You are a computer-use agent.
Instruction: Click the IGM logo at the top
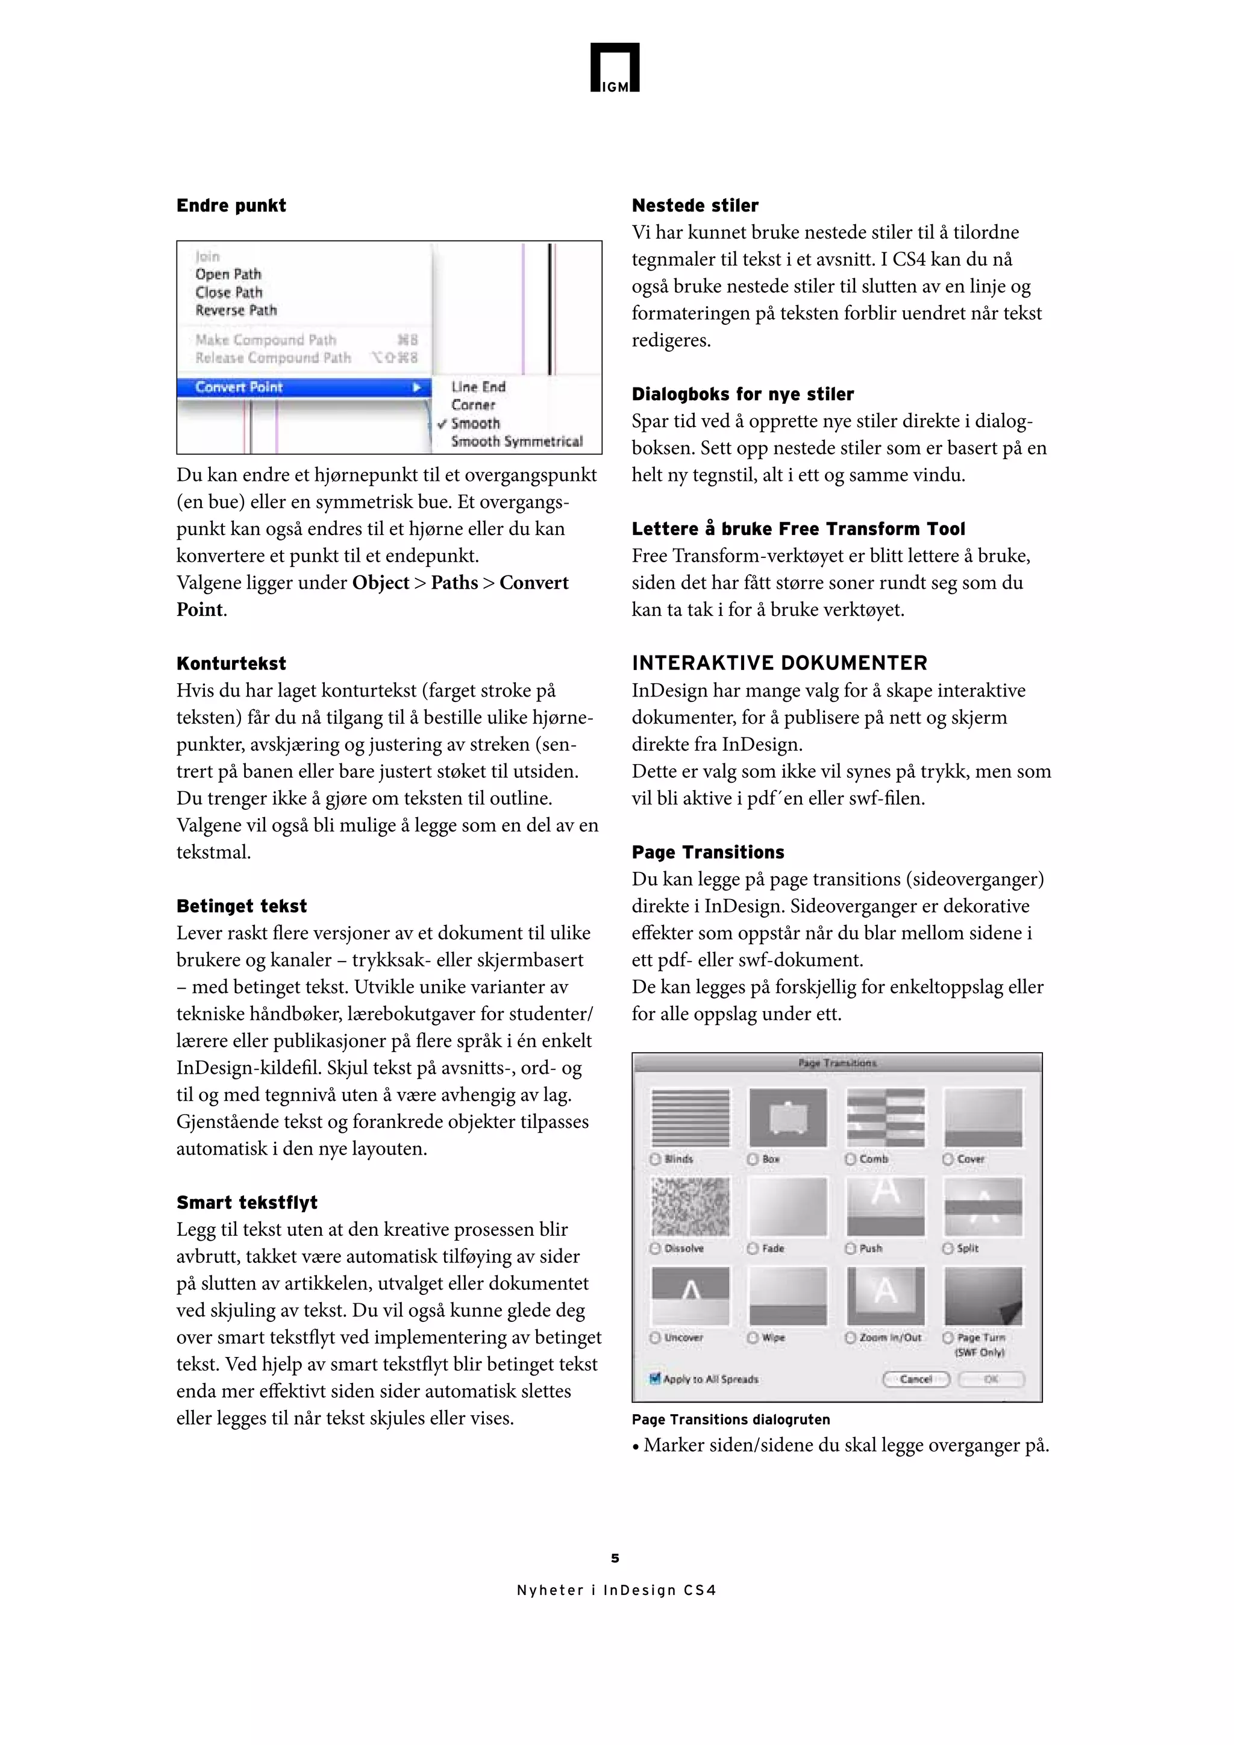click(615, 67)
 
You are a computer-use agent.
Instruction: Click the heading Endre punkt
click(231, 205)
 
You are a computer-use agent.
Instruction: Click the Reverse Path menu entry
click(236, 310)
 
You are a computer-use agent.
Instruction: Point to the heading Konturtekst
click(231, 663)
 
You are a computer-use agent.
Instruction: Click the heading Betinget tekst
click(242, 906)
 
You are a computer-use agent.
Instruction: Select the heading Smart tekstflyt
click(247, 1202)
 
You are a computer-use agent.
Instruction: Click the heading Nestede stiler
click(695, 205)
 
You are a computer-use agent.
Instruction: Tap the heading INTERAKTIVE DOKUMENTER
click(779, 663)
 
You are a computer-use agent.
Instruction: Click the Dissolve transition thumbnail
click(690, 1206)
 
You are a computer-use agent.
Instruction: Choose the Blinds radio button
click(655, 1159)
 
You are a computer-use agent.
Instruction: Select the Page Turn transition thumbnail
click(983, 1296)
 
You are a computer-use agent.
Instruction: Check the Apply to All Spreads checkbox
click(655, 1379)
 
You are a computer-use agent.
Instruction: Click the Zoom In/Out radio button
click(850, 1338)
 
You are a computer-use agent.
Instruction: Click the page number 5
click(615, 1559)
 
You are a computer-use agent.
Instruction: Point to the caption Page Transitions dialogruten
click(730, 1419)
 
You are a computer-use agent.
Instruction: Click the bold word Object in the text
click(380, 583)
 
